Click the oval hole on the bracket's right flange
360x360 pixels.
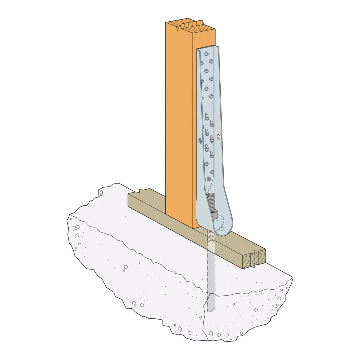coord(219,137)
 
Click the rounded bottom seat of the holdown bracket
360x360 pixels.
coord(218,228)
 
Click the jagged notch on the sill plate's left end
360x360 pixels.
coord(139,189)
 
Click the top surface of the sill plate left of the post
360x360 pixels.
coord(148,196)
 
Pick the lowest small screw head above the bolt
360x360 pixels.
coord(209,179)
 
